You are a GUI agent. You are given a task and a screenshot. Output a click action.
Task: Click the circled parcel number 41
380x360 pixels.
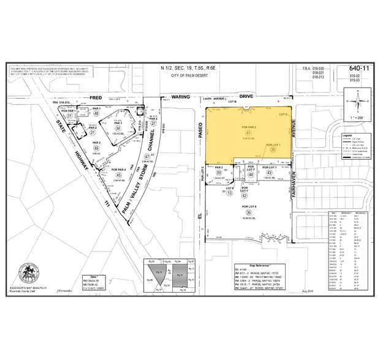tap(249, 132)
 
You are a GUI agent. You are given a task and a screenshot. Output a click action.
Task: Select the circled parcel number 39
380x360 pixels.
tap(273, 149)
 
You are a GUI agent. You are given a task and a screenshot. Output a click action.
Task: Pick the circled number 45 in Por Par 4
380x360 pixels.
tap(118, 176)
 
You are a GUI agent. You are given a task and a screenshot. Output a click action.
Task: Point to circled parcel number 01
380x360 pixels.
tap(70, 116)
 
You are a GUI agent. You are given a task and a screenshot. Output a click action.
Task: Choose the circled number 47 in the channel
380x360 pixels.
tap(147, 156)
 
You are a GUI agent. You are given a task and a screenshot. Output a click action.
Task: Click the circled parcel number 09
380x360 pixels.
tap(218, 173)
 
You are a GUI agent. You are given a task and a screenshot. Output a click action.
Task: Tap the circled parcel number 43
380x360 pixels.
tap(270, 173)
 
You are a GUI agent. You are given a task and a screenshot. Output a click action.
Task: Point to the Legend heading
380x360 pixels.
tap(348, 135)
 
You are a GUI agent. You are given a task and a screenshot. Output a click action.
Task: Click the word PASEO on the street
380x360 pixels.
tap(200, 131)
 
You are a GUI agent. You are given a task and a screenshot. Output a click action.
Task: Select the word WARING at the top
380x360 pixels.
tap(181, 97)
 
